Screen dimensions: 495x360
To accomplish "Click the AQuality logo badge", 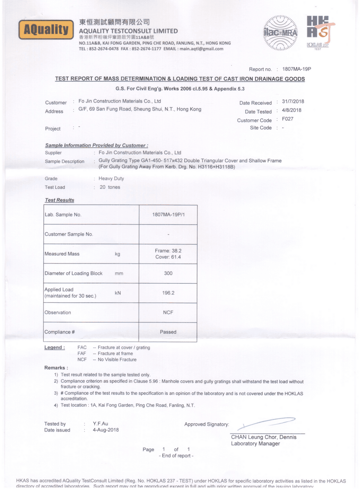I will pyautogui.click(x=46, y=30).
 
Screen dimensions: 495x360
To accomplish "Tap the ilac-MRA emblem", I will pyautogui.click(x=280, y=33).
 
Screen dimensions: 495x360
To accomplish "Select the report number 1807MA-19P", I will pyautogui.click(x=296, y=69).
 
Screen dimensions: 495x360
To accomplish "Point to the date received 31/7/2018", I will pyautogui.click(x=293, y=102).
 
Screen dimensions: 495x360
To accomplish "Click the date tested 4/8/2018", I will pyautogui.click(x=291, y=110).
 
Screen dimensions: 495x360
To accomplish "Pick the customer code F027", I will pyautogui.click(x=287, y=119).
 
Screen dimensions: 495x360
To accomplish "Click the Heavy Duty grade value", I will pyautogui.click(x=111, y=178).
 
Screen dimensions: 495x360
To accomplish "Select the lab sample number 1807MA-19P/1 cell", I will pyautogui.click(x=168, y=214).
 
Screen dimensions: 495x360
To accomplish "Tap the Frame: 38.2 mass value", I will pyautogui.click(x=168, y=251).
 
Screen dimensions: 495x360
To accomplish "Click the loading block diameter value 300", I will pyautogui.click(x=168, y=273).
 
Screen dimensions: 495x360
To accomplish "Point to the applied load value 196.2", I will pyautogui.click(x=168, y=293).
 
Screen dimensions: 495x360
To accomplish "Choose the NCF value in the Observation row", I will pyautogui.click(x=168, y=312).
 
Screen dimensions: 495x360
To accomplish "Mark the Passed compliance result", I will pyautogui.click(x=168, y=332).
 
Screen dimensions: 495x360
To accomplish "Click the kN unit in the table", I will pyautogui.click(x=118, y=293).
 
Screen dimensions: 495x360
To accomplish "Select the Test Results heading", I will pyautogui.click(x=60, y=200).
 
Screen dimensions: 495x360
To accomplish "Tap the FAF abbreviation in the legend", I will pyautogui.click(x=82, y=353).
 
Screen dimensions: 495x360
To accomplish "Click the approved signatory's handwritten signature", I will pyautogui.click(x=266, y=423).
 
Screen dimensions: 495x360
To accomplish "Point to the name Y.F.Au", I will pyautogui.click(x=100, y=424).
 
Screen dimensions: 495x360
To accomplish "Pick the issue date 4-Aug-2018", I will pyautogui.click(x=106, y=430).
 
